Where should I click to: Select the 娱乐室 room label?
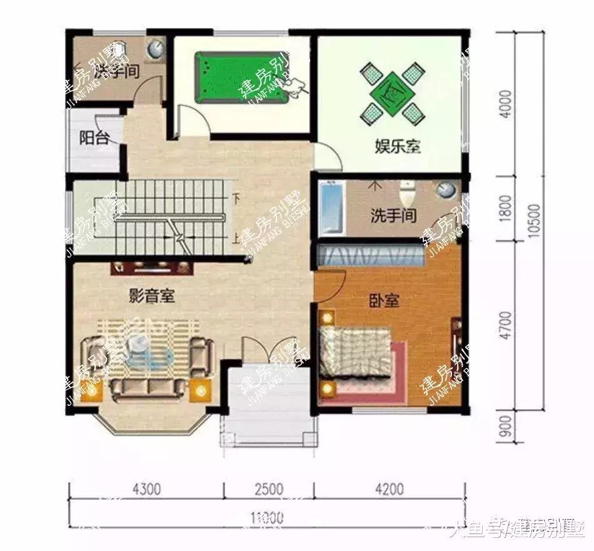pos(398,147)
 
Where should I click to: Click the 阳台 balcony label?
pos(94,138)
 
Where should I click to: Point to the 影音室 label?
pos(151,296)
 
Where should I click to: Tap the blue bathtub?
pos(331,210)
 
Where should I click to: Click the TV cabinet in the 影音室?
pos(152,268)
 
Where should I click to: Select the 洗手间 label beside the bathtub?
pos(393,216)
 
